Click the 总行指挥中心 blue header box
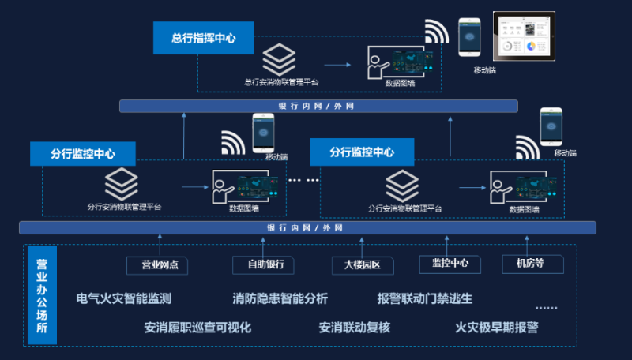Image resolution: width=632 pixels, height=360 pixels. point(203,38)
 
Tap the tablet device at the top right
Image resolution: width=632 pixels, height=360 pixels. point(525,37)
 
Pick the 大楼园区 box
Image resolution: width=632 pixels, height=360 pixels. point(363,265)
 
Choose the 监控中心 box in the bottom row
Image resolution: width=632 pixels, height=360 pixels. point(450,264)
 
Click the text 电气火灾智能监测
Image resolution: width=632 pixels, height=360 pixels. point(124,299)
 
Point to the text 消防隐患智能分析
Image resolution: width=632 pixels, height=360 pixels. point(280,299)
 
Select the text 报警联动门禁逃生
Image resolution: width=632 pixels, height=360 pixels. point(425,299)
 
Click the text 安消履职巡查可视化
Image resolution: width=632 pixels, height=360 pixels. point(197,327)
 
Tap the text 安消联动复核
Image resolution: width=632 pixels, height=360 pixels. point(355,327)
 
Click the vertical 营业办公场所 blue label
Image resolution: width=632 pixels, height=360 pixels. point(42,294)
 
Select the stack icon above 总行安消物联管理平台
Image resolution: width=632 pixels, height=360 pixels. point(279,58)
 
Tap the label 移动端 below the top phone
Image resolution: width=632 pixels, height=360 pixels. point(483,70)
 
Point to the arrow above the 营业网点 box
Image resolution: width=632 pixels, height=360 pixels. point(160,244)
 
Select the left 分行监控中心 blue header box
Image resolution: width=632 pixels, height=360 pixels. point(83,153)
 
